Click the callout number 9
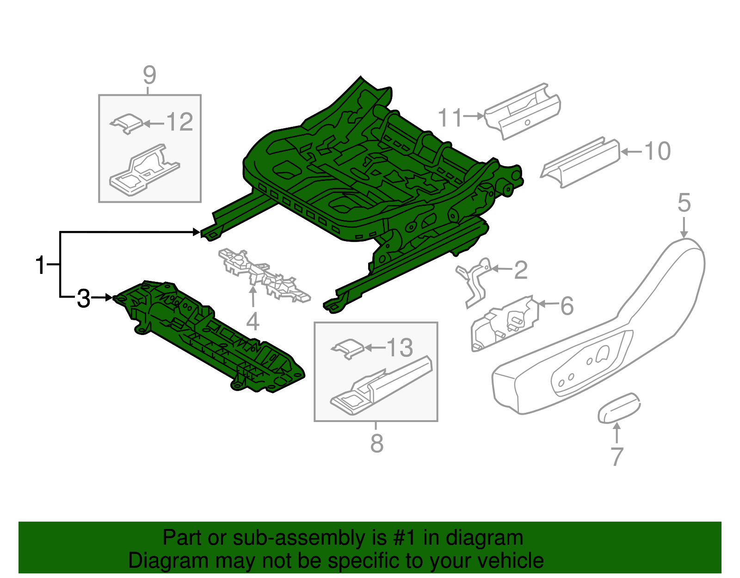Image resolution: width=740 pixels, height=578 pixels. (149, 75)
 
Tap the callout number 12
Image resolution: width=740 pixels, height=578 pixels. (179, 123)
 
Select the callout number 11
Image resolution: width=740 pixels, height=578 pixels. (450, 118)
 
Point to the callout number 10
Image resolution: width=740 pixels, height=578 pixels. (657, 151)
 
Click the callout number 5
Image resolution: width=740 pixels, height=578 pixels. (684, 203)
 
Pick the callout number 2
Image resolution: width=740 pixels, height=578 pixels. (521, 270)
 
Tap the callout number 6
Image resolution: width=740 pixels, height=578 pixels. (567, 306)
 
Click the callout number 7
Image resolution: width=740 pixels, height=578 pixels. (617, 456)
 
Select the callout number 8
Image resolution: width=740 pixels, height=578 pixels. (377, 443)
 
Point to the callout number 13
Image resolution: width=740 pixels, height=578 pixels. (400, 348)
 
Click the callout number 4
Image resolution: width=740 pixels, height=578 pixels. (253, 321)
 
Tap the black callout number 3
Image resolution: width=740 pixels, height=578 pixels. (84, 298)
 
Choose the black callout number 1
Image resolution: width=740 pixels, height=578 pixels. (41, 265)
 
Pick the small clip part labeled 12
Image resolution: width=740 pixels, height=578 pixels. (127, 123)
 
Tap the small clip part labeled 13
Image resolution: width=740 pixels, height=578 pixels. (348, 348)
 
